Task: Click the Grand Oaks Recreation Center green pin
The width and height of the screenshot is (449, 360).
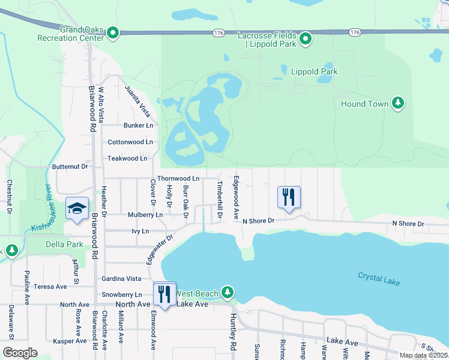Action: point(113,34)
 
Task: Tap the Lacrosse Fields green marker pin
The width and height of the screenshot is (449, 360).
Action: point(305,40)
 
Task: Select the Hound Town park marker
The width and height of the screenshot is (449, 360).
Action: point(397,104)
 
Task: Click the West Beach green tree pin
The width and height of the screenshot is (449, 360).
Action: point(227,292)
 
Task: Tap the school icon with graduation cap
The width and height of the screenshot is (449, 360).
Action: point(77,209)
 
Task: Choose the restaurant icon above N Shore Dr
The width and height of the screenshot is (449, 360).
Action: point(289,197)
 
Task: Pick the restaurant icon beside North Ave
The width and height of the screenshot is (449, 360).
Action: point(164,293)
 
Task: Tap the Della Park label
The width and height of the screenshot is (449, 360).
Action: point(64,245)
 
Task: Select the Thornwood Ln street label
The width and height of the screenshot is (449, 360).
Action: point(178,179)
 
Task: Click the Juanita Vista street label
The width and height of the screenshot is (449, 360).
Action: point(137,100)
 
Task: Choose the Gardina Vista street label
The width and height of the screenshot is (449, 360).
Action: point(121,279)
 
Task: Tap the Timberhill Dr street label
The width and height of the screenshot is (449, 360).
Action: point(220,199)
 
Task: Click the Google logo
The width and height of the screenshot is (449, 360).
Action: point(19,353)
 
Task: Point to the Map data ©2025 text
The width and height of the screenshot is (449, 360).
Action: point(423,355)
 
